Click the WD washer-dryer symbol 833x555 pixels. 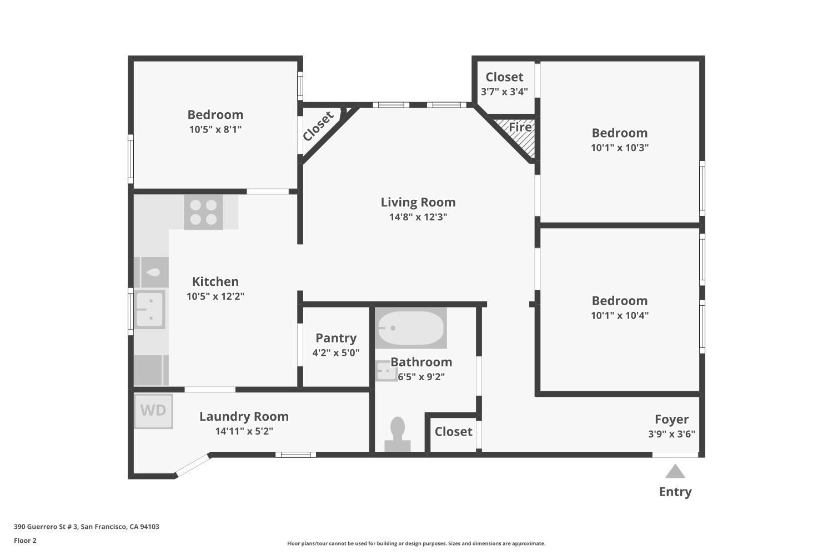pyautogui.click(x=153, y=411)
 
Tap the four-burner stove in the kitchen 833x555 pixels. pyautogui.click(x=203, y=212)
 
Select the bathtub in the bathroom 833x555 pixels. pyautogui.click(x=410, y=328)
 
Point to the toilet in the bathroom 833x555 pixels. pyautogui.click(x=398, y=434)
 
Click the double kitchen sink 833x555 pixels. pyautogui.click(x=149, y=310)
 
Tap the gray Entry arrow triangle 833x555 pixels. pyautogui.click(x=675, y=471)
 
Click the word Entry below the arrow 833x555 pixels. pyautogui.click(x=675, y=491)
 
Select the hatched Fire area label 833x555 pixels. pyautogui.click(x=520, y=127)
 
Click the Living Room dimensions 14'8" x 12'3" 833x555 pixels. pyautogui.click(x=418, y=216)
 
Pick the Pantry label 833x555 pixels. pyautogui.click(x=336, y=338)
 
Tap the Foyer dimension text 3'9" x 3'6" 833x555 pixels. pyautogui.click(x=671, y=434)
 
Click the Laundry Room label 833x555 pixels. pyautogui.click(x=244, y=416)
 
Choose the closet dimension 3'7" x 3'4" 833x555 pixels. pyautogui.click(x=504, y=92)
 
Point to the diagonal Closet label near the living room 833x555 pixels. pyautogui.click(x=318, y=127)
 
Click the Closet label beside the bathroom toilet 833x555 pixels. pyautogui.click(x=453, y=431)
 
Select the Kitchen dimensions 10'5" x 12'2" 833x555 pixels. pyautogui.click(x=215, y=296)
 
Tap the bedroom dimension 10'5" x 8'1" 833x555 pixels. pyautogui.click(x=215, y=129)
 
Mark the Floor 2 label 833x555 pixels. pyautogui.click(x=25, y=541)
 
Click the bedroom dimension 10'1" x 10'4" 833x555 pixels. pyautogui.click(x=620, y=315)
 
